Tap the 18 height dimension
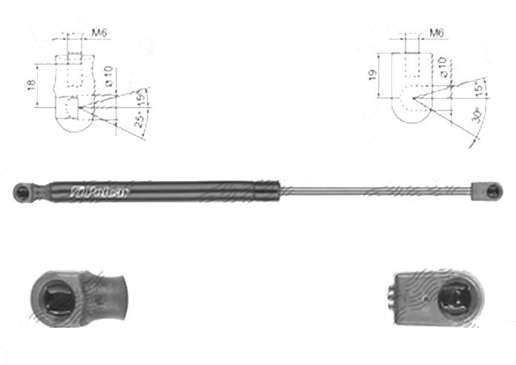coord(30,86)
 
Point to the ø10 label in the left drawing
coord(108,78)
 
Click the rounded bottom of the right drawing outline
coord(412,119)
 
